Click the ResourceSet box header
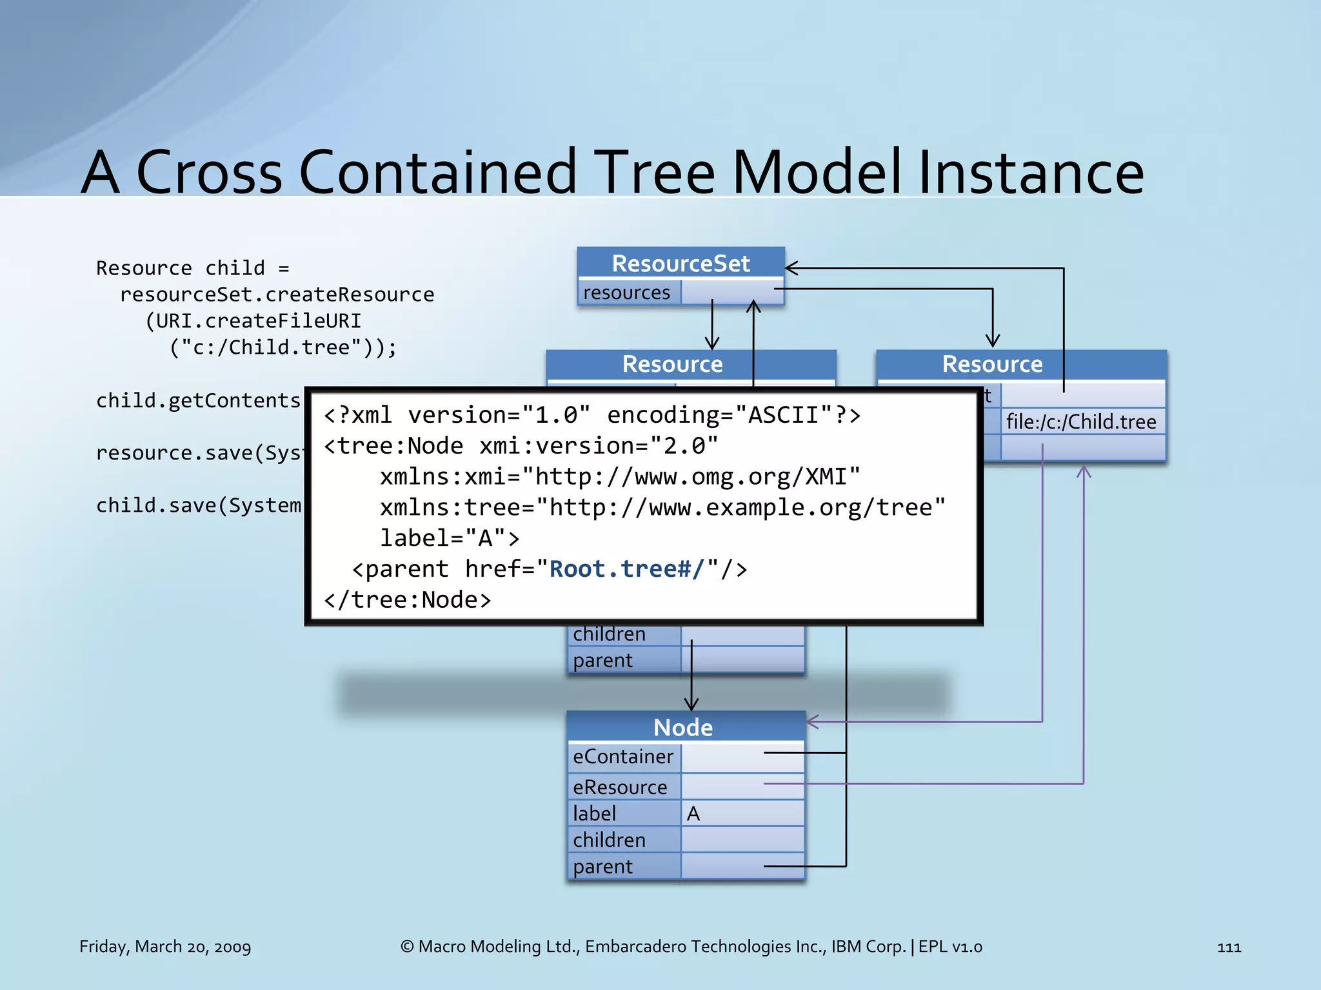pyautogui.click(x=680, y=264)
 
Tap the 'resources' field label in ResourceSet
pyautogui.click(x=626, y=293)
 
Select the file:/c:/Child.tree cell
pyautogui.click(x=1082, y=422)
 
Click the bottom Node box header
pyautogui.click(x=683, y=727)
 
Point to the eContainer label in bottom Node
pyautogui.click(x=622, y=756)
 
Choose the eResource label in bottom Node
pyautogui.click(x=620, y=787)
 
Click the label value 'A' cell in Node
pyautogui.click(x=742, y=813)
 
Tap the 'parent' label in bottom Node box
pyautogui.click(x=602, y=866)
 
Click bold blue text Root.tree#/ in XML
pyautogui.click(x=626, y=569)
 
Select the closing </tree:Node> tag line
pyautogui.click(x=408, y=600)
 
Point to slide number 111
pyautogui.click(x=1229, y=947)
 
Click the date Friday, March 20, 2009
pyautogui.click(x=165, y=946)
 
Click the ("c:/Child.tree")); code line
pyautogui.click(x=283, y=347)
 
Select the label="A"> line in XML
pyautogui.click(x=450, y=538)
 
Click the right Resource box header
pyautogui.click(x=992, y=364)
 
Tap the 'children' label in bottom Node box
pyautogui.click(x=609, y=840)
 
